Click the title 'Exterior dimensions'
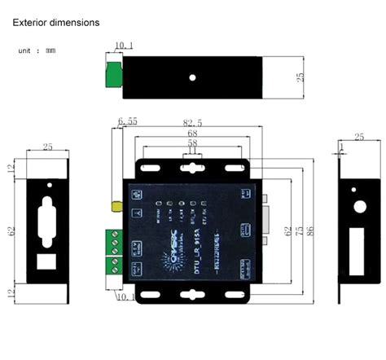click(x=56, y=22)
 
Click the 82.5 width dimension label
click(x=193, y=122)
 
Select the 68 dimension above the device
click(x=192, y=133)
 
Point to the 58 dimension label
click(x=192, y=143)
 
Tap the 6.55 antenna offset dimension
click(x=129, y=122)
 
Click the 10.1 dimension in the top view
click(x=125, y=46)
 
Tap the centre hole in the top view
click(x=192, y=78)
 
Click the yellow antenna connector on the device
click(x=118, y=209)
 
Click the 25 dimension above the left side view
click(x=47, y=147)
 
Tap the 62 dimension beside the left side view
click(x=11, y=232)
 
